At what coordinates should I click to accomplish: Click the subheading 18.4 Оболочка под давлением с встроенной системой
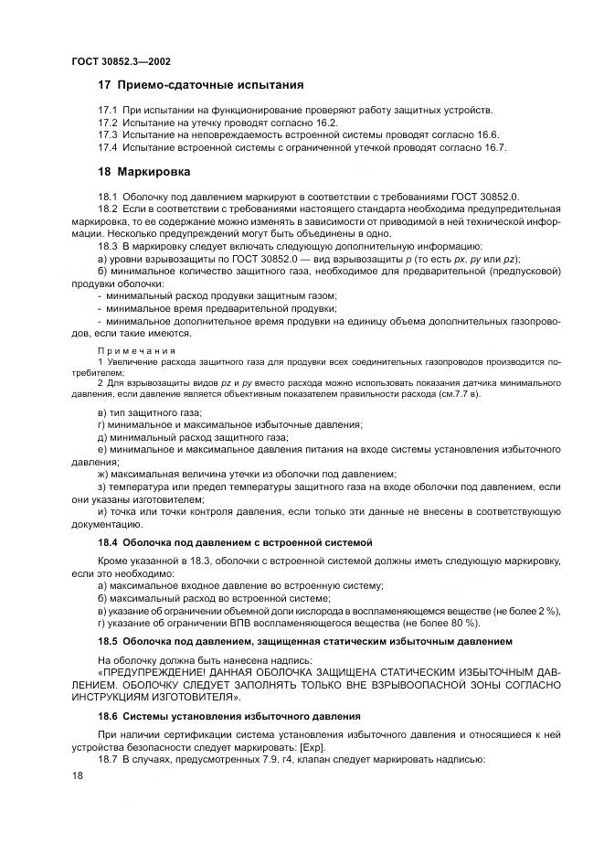point(234,542)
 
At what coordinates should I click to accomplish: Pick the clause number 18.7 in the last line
point(109,761)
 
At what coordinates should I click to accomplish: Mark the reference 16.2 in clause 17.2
point(326,123)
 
